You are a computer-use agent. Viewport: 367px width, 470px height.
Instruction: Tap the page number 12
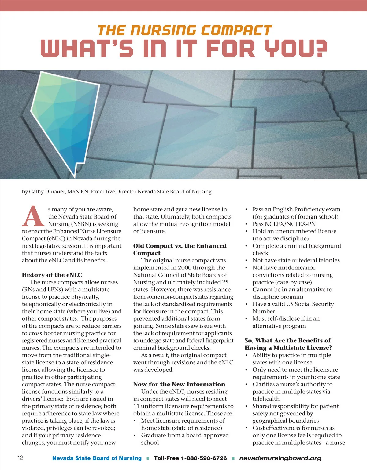[20, 457]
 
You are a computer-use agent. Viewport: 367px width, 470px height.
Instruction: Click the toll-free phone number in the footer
[190, 458]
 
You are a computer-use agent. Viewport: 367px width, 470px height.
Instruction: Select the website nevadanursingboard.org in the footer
[280, 458]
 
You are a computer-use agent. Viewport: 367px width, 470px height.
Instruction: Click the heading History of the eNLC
[52, 275]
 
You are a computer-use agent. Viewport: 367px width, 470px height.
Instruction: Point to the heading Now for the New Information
[179, 384]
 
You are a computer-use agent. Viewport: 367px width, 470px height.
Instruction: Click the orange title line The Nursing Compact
[185, 31]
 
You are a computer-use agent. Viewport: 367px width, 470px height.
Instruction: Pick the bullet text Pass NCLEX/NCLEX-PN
[284, 224]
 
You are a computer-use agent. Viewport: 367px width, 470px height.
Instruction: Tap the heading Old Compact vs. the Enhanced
[180, 246]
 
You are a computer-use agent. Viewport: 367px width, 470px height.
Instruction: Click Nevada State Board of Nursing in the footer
[97, 458]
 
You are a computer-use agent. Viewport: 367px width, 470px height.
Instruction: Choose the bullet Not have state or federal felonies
[296, 260]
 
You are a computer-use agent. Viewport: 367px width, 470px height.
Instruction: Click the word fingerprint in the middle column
[218, 341]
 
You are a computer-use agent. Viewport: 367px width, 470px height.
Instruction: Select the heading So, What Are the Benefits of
[287, 341]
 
